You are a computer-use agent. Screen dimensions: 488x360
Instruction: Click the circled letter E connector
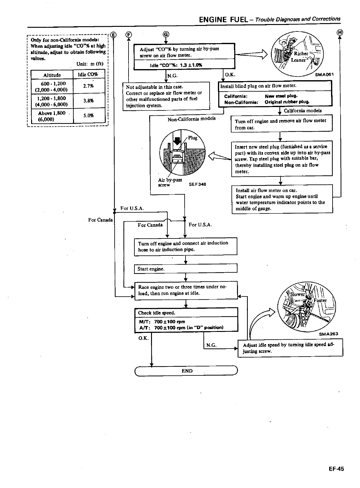(113, 35)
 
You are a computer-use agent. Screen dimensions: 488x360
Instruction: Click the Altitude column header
(52, 75)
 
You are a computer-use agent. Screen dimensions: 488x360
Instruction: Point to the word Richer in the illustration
(301, 54)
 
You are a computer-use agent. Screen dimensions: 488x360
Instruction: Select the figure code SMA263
(329, 334)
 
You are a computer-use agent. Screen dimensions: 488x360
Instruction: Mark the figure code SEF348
(197, 184)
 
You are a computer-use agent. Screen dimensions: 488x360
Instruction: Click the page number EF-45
(336, 469)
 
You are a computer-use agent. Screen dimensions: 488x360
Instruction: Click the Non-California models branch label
(191, 119)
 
